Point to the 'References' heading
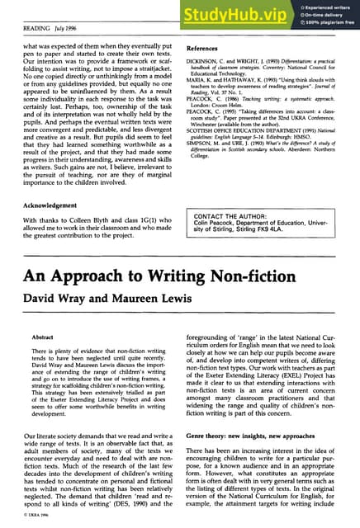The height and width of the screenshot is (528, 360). coord(206,48)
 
